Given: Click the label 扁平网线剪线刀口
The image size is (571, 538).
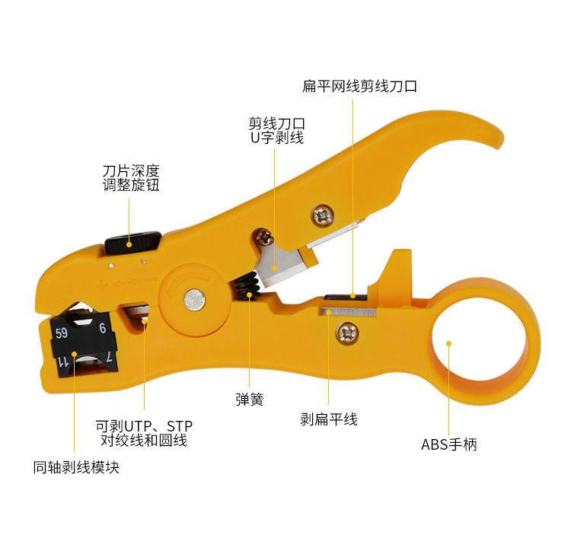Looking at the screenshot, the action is pyautogui.click(x=359, y=87).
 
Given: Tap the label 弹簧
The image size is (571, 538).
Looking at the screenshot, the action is pyautogui.click(x=250, y=400).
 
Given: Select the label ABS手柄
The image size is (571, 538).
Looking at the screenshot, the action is pyautogui.click(x=449, y=444).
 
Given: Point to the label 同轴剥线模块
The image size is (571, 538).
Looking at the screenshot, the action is pyautogui.click(x=76, y=467).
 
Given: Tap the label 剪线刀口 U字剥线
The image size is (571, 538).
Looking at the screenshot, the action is pyautogui.click(x=276, y=130).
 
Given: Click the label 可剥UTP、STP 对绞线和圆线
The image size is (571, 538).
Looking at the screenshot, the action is pyautogui.click(x=145, y=432).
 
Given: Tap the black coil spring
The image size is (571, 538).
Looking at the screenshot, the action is pyautogui.click(x=249, y=288).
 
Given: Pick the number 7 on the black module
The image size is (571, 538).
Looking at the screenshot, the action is pyautogui.click(x=110, y=357).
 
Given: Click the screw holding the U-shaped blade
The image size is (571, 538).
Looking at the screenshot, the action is pyautogui.click(x=264, y=238).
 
